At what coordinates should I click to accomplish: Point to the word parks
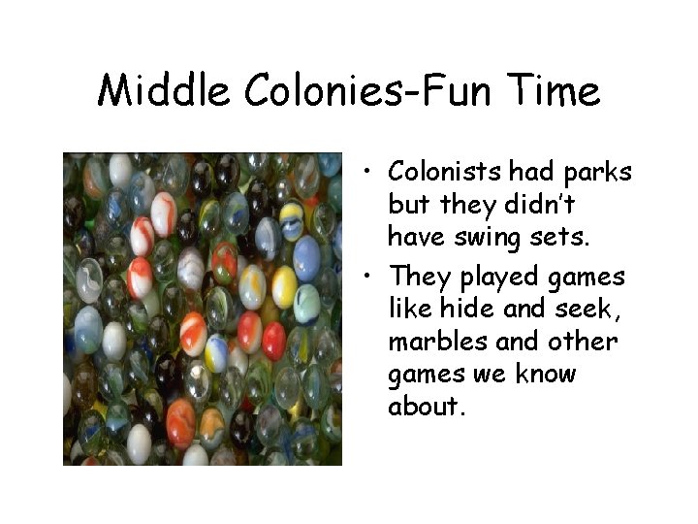[x=597, y=173]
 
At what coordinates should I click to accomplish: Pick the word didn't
[x=551, y=206]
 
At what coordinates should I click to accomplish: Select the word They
[x=420, y=278]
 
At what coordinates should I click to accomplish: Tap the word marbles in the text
[x=437, y=342]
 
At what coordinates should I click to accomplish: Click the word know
[x=543, y=374]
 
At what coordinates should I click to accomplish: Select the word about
[x=428, y=406]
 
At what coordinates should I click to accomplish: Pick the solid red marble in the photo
[x=274, y=341]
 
